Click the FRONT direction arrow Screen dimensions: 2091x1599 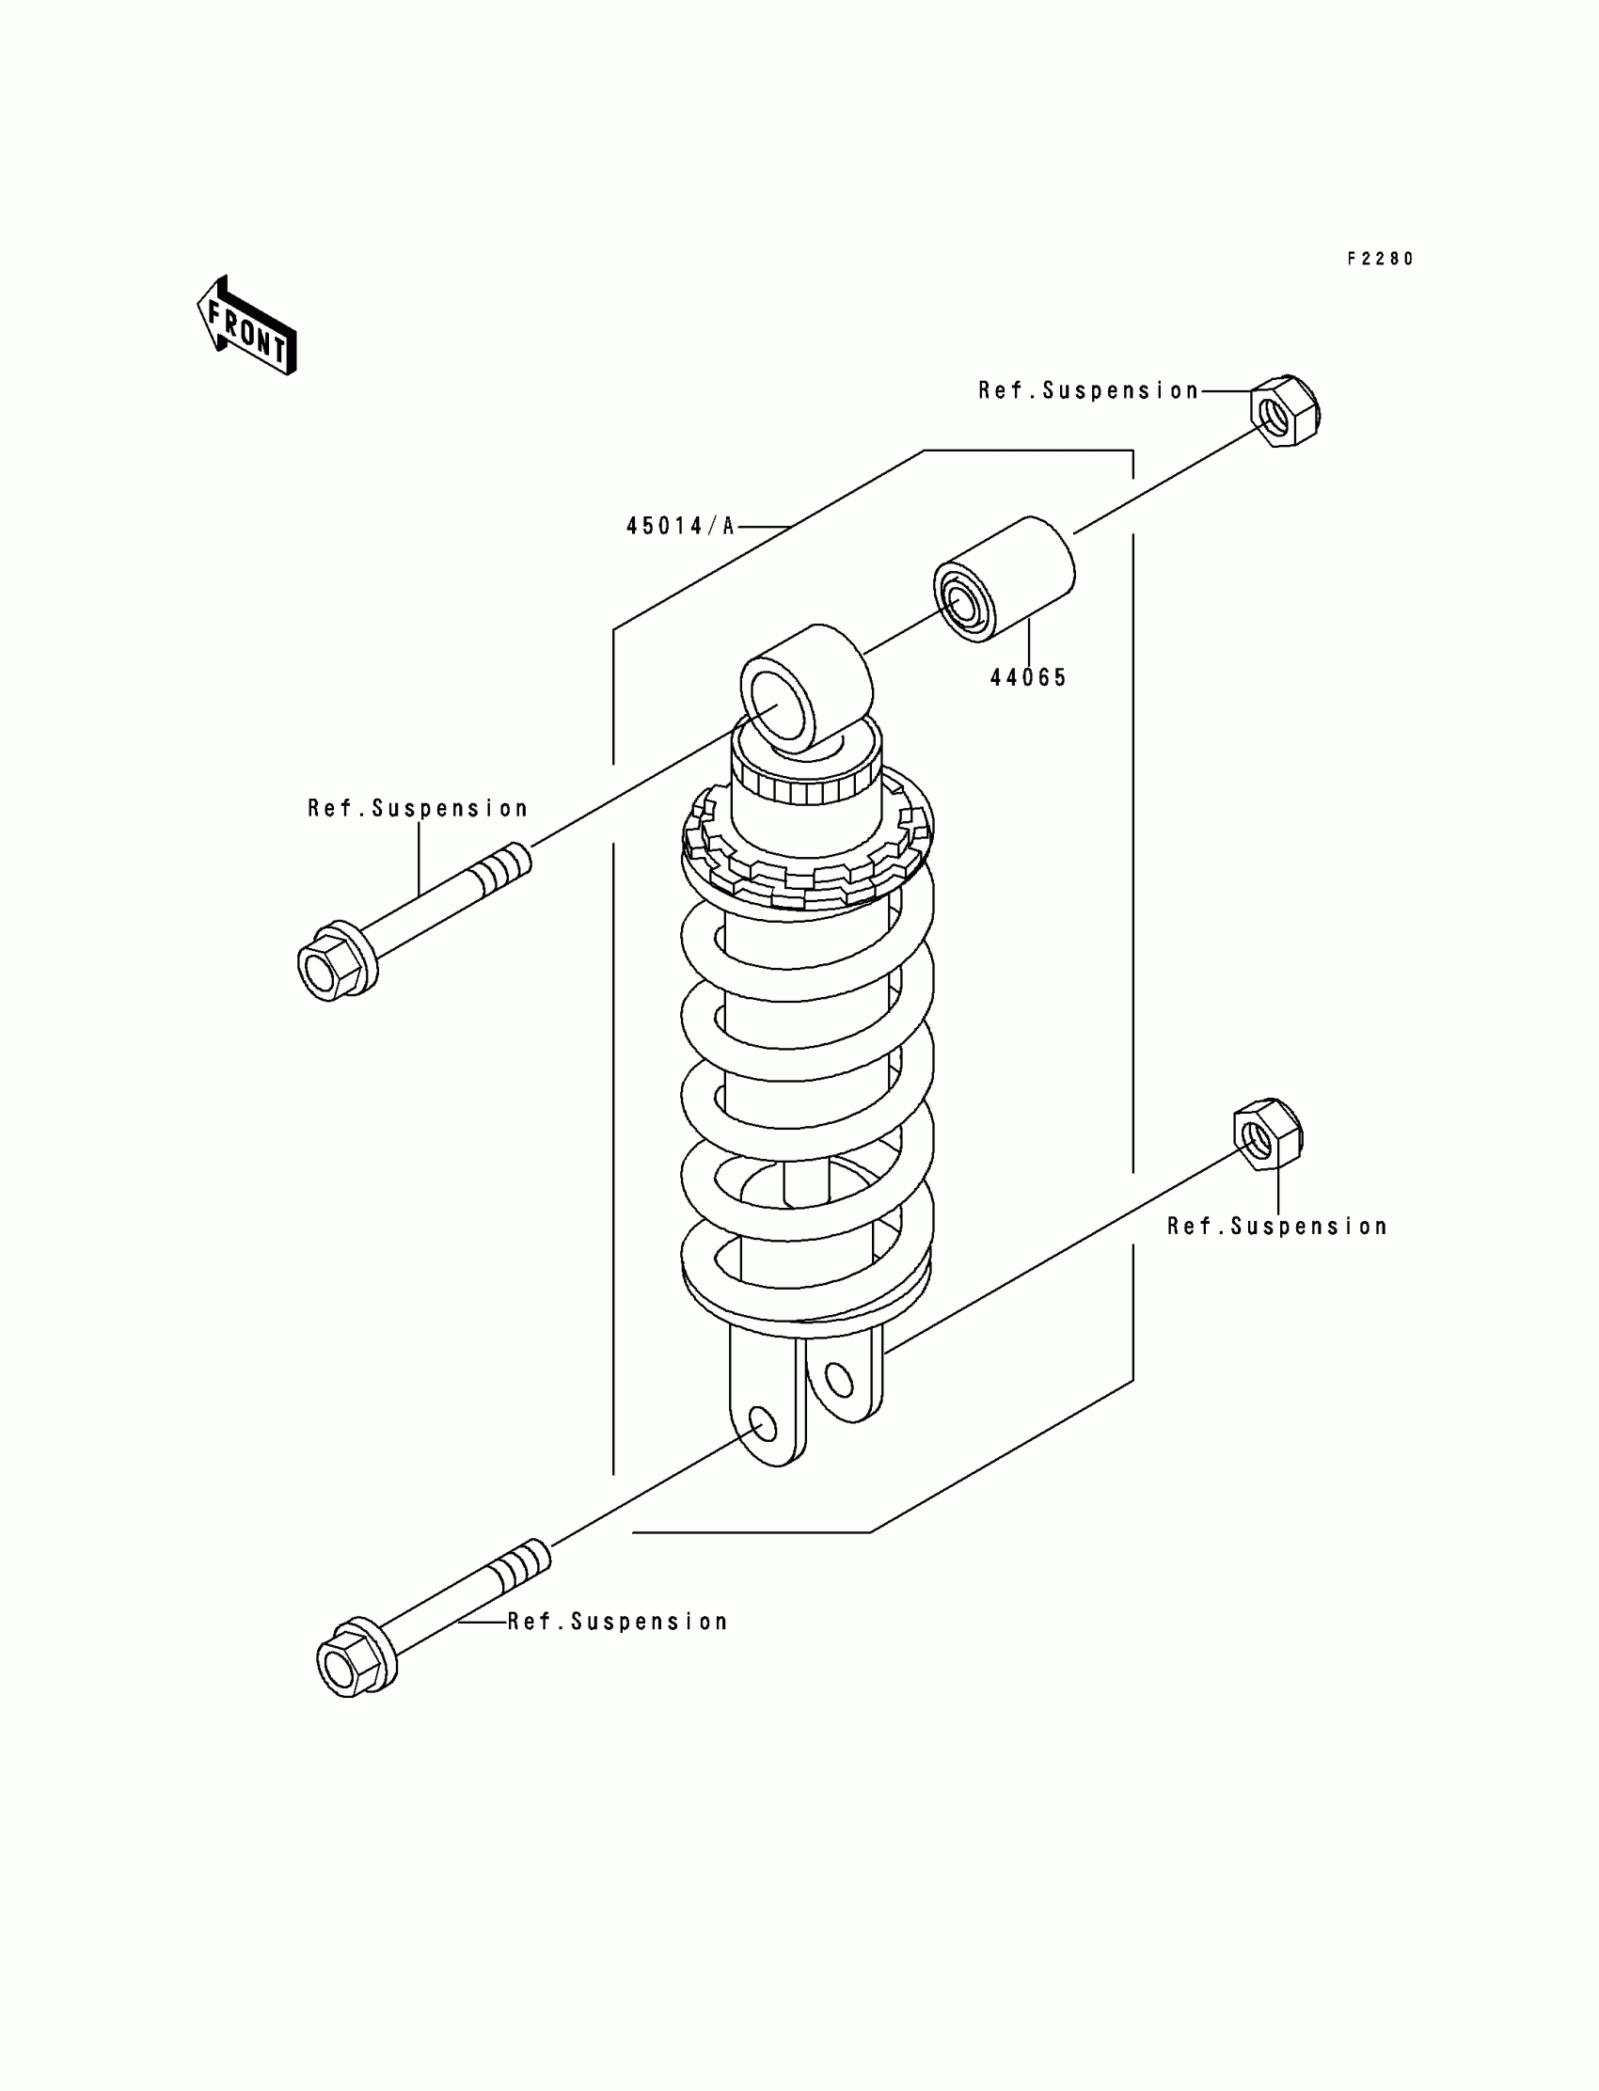click(x=246, y=325)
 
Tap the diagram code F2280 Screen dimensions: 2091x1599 click(x=1379, y=259)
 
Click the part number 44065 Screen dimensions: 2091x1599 click(x=1028, y=677)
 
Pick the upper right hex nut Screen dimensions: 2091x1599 click(x=1285, y=411)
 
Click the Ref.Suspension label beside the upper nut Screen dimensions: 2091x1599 click(x=1088, y=391)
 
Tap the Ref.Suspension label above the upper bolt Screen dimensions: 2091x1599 click(x=417, y=809)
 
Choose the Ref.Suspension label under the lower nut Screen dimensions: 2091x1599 click(x=1276, y=1227)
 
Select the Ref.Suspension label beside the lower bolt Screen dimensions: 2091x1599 click(x=618, y=1622)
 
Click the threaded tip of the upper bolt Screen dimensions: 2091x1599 click(x=503, y=870)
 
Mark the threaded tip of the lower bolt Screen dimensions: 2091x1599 click(x=524, y=1565)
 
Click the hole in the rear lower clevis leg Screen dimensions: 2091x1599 click(x=837, y=1378)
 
